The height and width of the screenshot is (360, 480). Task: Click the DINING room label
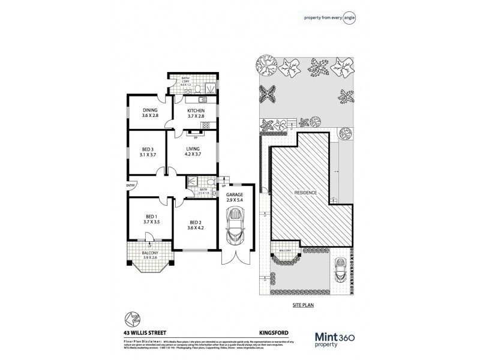[x=149, y=110]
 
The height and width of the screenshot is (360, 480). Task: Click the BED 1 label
[x=150, y=217]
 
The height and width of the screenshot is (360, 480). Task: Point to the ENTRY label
[x=130, y=187]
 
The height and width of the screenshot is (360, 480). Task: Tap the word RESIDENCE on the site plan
[x=305, y=193]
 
